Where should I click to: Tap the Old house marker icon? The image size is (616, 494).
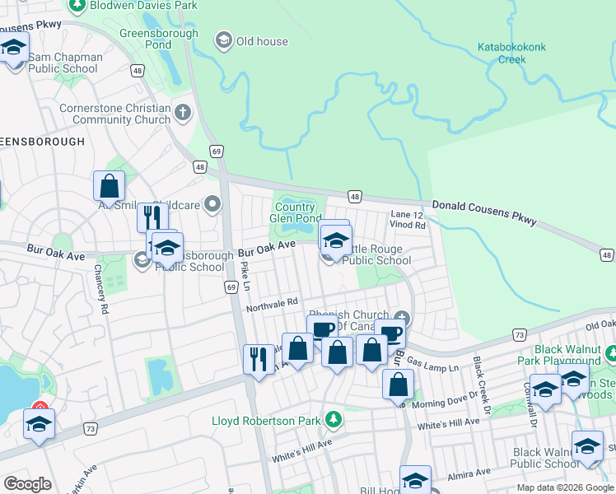[x=222, y=40]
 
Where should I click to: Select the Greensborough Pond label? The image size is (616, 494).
[x=159, y=40]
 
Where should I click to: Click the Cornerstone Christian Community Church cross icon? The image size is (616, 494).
[x=183, y=111]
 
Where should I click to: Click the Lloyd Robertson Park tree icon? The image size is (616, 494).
[x=333, y=420]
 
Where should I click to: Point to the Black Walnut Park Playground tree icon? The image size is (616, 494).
[x=611, y=354]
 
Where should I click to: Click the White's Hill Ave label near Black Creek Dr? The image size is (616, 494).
[x=448, y=422]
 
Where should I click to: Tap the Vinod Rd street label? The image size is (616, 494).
[x=408, y=225]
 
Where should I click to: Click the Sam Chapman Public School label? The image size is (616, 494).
[x=65, y=63]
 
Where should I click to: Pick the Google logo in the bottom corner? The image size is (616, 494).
[x=27, y=484]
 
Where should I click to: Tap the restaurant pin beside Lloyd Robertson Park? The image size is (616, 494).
[x=259, y=359]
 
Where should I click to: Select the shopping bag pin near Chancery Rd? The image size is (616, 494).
[x=109, y=187]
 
